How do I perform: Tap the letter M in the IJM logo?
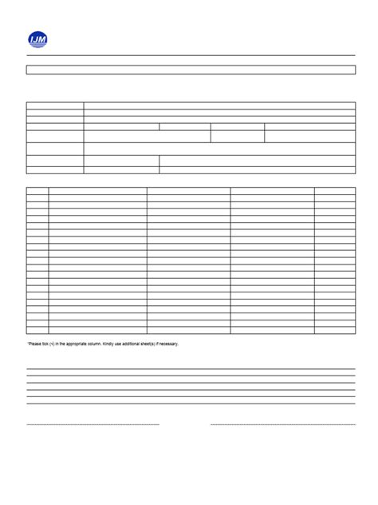(x=43, y=38)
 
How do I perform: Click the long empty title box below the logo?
(x=191, y=70)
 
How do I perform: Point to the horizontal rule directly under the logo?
(x=191, y=55)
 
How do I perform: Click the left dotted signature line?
(x=93, y=424)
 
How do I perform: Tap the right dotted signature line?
(x=282, y=424)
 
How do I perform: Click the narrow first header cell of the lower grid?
(x=37, y=192)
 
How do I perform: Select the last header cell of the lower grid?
(x=335, y=192)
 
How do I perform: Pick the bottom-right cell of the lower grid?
(x=335, y=329)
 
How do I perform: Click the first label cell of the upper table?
(x=55, y=105)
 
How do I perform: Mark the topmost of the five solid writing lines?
(x=191, y=368)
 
